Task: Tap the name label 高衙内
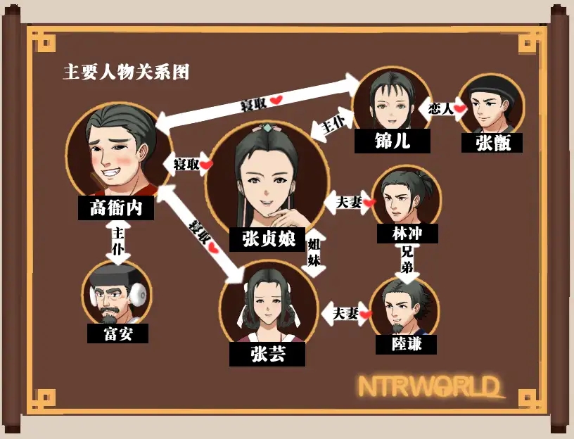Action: click(x=116, y=208)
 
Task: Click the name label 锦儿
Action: click(x=383, y=141)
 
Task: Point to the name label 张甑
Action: click(x=492, y=143)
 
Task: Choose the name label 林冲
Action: click(x=407, y=234)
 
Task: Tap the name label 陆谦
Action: click(x=404, y=344)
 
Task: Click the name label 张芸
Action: click(x=267, y=354)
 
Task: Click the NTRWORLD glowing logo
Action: click(x=431, y=386)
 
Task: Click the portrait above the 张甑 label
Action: click(x=492, y=106)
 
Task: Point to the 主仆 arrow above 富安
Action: click(x=117, y=241)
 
